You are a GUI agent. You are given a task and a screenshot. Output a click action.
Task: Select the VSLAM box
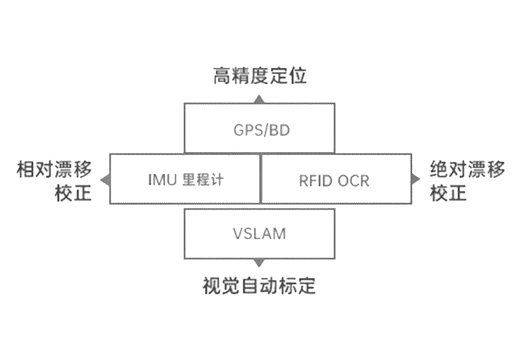point(258,233)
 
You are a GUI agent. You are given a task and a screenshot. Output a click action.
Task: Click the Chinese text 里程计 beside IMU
point(201,180)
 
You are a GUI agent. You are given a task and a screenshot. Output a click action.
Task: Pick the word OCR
point(353,180)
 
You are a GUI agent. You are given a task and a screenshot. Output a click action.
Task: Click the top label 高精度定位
point(260,76)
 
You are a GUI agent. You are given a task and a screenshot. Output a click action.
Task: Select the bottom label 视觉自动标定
point(258,286)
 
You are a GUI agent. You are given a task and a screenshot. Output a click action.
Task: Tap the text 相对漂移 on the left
point(55,169)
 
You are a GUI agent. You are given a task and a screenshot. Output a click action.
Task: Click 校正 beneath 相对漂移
point(74,193)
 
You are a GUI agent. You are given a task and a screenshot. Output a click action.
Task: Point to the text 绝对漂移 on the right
point(468,169)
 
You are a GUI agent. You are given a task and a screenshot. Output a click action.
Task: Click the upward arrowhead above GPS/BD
point(259,98)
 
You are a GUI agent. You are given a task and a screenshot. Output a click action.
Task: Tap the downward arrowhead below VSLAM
point(259,263)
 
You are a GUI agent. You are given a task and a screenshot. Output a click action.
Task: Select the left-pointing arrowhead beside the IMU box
point(105,180)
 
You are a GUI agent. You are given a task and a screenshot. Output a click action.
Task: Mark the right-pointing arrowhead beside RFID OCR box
point(415,180)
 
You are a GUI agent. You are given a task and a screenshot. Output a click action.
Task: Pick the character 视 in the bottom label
point(212,286)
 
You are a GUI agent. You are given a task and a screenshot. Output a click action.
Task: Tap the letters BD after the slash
point(280,131)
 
